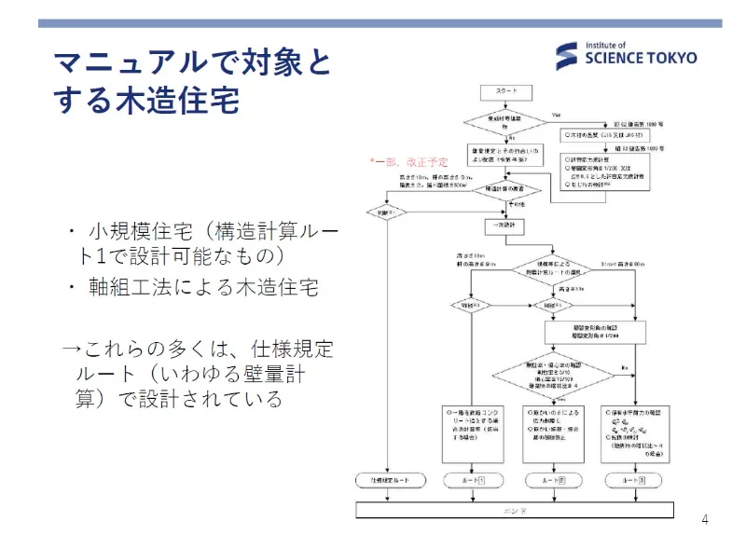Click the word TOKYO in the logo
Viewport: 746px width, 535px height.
[x=670, y=58]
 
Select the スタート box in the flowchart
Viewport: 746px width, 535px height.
[x=505, y=91]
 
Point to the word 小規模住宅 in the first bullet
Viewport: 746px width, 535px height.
[x=131, y=231]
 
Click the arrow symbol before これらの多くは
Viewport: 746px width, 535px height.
[x=72, y=350]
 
